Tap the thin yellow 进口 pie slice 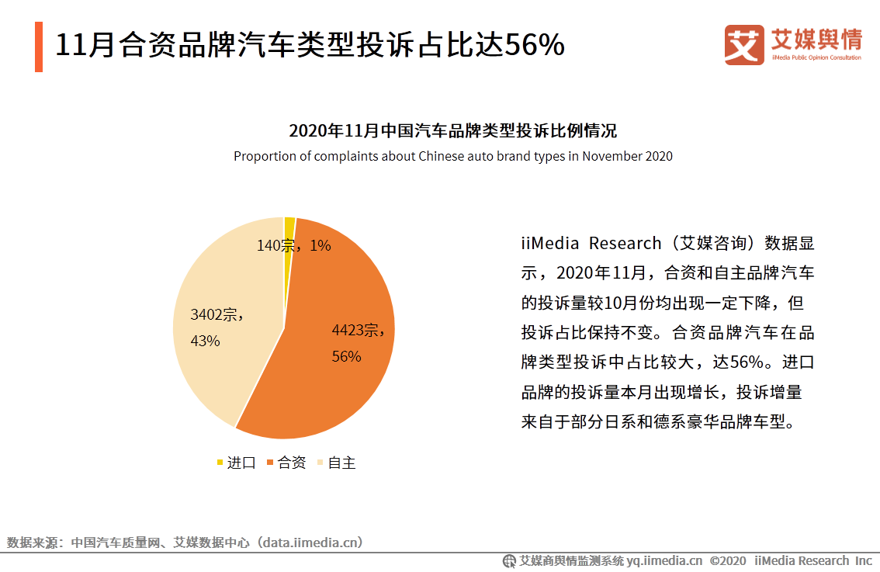tap(289, 226)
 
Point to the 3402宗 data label tap(217, 314)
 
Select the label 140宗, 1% tap(294, 245)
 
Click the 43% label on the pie tap(205, 341)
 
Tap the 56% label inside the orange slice tap(346, 356)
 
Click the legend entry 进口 tap(237, 463)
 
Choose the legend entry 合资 tap(287, 463)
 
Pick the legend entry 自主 tap(337, 463)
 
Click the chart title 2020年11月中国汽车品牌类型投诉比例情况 tap(452, 130)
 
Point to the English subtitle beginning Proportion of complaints tap(452, 156)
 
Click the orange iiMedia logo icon tap(744, 45)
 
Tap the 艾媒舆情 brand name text tap(816, 39)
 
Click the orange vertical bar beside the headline tap(39, 47)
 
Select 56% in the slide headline tap(535, 47)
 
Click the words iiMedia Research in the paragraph tap(591, 244)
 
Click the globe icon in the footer tap(509, 561)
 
